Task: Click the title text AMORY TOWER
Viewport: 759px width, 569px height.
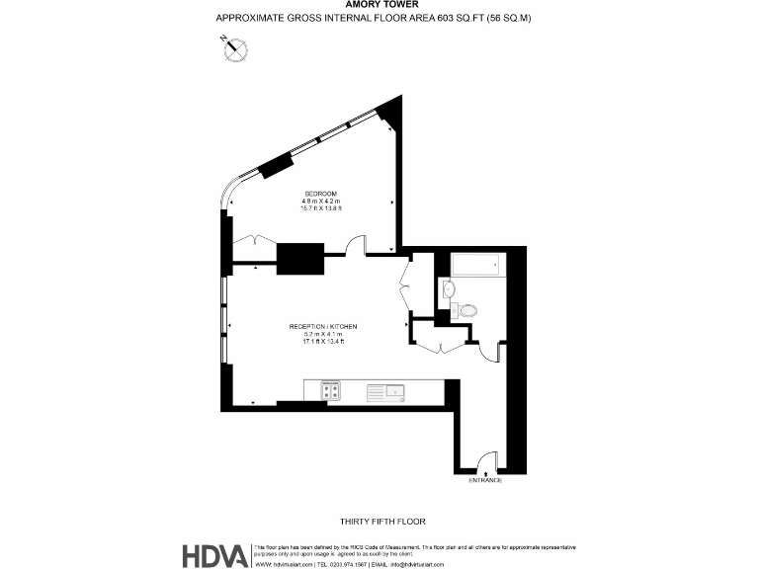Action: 379,5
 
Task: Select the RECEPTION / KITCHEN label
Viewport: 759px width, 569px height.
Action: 322,326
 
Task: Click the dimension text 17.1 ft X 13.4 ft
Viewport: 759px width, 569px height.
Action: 322,342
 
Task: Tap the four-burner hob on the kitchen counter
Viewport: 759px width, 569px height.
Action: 330,392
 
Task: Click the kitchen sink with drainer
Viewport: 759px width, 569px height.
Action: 385,392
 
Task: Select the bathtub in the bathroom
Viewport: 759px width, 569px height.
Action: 476,266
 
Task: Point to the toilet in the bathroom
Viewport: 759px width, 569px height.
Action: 465,310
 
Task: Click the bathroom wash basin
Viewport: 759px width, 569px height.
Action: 448,288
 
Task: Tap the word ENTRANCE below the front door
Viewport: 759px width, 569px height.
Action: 484,480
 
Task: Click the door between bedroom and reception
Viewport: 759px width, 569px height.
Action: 356,243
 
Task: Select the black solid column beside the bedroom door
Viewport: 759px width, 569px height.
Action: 301,258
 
